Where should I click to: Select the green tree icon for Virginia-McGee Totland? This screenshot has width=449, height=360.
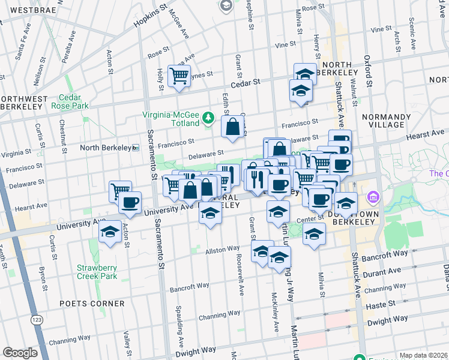[208, 116]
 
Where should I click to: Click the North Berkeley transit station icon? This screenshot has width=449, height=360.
[136, 148]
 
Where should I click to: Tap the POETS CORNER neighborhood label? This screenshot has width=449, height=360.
[92, 304]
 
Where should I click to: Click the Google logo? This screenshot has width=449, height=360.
[20, 352]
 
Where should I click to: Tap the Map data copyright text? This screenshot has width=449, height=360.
[423, 355]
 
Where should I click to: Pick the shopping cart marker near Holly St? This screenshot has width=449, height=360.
[179, 76]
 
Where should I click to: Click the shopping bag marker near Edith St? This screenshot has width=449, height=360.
[232, 126]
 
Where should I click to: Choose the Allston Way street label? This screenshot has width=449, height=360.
[223, 249]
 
